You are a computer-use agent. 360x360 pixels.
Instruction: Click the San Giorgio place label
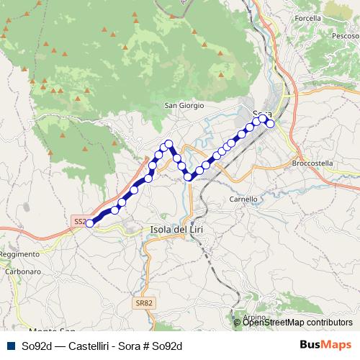tap(185, 105)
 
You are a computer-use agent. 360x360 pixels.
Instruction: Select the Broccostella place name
tap(313, 163)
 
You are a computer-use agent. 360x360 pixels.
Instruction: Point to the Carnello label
tap(243, 199)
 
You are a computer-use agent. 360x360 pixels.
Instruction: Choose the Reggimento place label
tap(19, 255)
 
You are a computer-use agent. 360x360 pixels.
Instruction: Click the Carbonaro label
tap(23, 271)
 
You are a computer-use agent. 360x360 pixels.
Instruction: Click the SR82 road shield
tap(143, 304)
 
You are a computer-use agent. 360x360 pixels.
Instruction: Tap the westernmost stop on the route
tap(89, 223)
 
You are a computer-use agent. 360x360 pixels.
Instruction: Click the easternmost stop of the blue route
tap(271, 124)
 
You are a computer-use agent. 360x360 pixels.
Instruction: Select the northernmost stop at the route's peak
tap(169, 143)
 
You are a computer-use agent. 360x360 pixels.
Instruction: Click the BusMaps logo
tap(326, 345)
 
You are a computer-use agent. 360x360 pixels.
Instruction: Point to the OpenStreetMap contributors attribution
tap(297, 323)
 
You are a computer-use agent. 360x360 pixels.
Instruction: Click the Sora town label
tap(262, 114)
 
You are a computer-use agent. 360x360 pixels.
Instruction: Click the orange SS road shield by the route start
tap(79, 222)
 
